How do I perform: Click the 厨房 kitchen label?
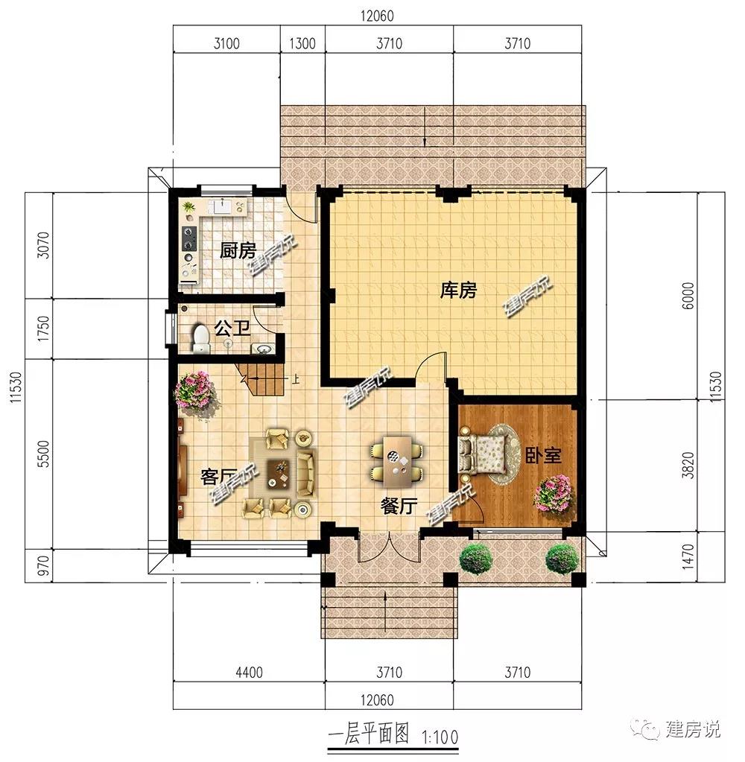[x=238, y=251]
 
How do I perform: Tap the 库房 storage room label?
[x=458, y=290]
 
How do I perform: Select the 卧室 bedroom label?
[x=544, y=455]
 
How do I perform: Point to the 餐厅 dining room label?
[x=399, y=506]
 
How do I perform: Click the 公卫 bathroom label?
[x=232, y=328]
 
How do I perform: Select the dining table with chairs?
[x=397, y=460]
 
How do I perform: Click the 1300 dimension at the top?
[x=302, y=44]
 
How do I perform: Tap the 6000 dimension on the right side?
[x=688, y=296]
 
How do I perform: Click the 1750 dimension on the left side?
[x=43, y=328]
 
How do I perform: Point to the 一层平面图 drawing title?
[x=369, y=734]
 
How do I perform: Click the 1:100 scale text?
[x=440, y=737]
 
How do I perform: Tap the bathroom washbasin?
[x=263, y=348]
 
